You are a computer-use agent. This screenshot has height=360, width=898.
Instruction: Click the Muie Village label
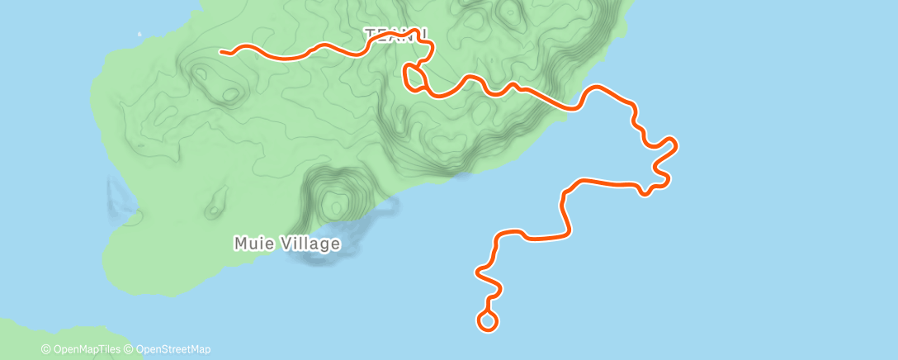[x=286, y=244]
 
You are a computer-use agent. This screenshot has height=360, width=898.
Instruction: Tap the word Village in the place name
[x=311, y=244]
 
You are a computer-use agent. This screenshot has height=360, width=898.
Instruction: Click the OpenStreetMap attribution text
[x=172, y=349]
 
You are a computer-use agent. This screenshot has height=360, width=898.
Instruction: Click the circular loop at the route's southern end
[x=487, y=321]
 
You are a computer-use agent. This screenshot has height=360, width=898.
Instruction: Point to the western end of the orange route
[x=222, y=52]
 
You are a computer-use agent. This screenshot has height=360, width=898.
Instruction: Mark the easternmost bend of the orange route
[x=676, y=145]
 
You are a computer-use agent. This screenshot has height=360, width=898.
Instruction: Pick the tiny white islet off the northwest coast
[x=139, y=35]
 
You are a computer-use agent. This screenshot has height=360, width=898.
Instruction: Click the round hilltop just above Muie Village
[x=334, y=199]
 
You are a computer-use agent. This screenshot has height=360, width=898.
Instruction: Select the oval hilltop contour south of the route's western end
[x=204, y=75]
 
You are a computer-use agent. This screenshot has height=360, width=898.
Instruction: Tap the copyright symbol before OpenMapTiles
[x=45, y=349]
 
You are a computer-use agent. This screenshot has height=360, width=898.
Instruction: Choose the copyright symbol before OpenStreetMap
[x=130, y=349]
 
